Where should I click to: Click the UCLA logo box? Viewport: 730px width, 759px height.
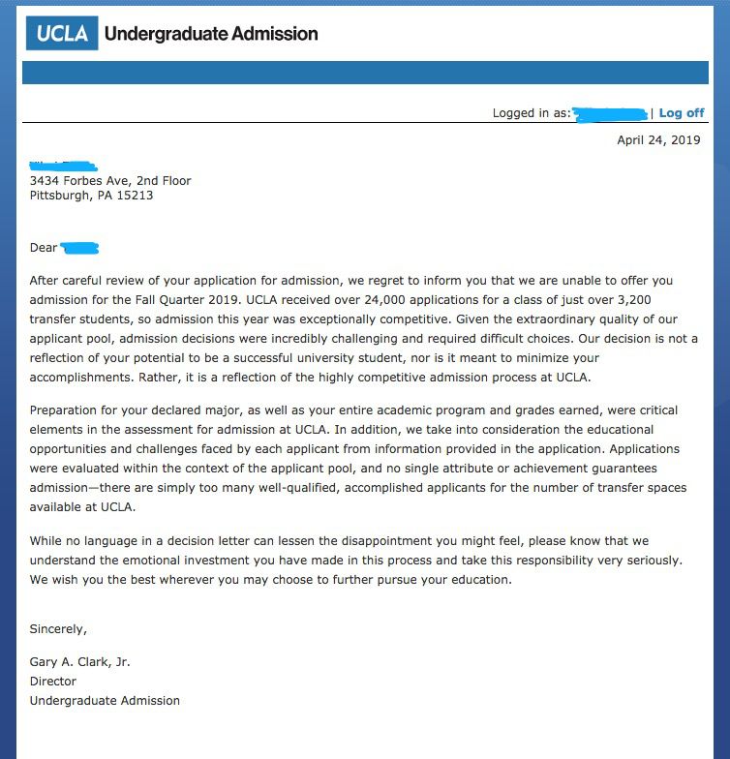click(x=62, y=34)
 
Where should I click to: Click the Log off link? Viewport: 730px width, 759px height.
click(x=682, y=113)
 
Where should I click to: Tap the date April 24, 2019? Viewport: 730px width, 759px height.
click(x=658, y=140)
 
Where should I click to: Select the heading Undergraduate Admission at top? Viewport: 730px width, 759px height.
click(x=210, y=34)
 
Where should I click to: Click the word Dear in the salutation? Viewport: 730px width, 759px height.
click(x=44, y=248)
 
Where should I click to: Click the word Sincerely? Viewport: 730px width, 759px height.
click(x=58, y=629)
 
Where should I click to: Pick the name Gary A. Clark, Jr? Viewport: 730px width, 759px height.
click(x=79, y=662)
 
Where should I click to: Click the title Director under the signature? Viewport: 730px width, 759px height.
click(x=52, y=682)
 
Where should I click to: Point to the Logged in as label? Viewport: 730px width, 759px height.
click(x=531, y=113)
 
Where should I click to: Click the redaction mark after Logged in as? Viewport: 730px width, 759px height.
click(x=610, y=114)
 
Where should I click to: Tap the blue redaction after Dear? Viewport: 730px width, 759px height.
click(x=80, y=249)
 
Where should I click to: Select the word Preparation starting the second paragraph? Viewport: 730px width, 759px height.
click(x=66, y=410)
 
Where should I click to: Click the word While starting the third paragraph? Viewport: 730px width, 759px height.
click(x=46, y=541)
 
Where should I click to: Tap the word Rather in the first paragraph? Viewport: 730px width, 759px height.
click(x=132, y=378)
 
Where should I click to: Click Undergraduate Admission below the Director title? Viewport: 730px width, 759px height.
click(x=105, y=701)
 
